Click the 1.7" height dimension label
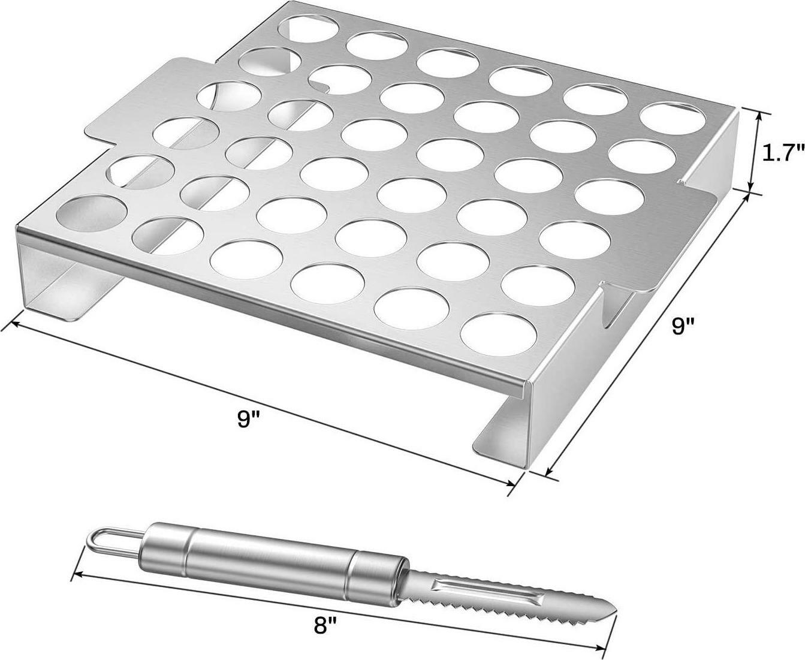click(781, 153)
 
